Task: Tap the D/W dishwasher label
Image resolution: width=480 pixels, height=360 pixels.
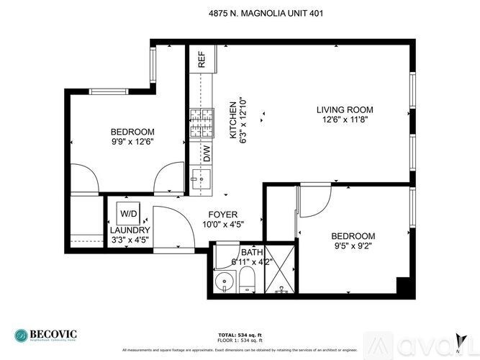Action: point(206,153)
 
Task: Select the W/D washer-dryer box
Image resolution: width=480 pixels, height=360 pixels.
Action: point(129,214)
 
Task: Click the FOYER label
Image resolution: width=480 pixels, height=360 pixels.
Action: point(223,215)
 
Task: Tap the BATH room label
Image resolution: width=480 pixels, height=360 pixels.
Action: point(252,252)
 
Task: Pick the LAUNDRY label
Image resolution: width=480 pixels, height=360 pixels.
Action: point(130,230)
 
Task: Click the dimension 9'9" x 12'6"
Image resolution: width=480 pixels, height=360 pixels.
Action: point(132,142)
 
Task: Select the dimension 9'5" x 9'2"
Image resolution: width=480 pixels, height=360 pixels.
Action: point(353,246)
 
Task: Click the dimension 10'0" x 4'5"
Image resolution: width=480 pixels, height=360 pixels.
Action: point(223,225)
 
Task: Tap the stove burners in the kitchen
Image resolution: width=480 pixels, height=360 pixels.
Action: point(201,123)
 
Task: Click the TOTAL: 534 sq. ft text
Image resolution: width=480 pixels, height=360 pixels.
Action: point(240,335)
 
